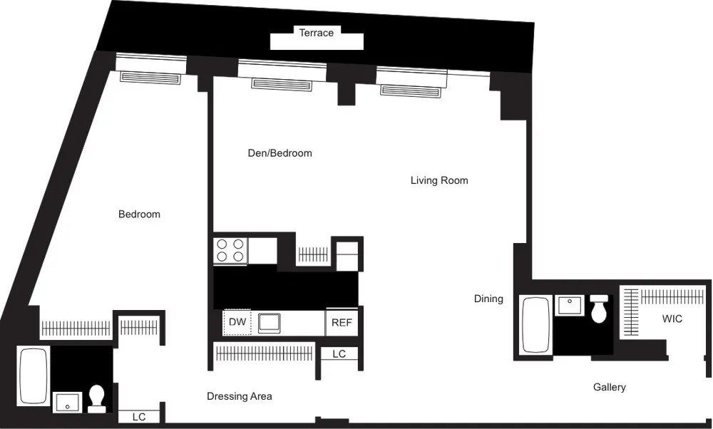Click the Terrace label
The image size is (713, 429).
click(316, 33)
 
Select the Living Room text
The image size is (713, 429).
click(439, 180)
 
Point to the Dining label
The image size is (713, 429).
click(488, 299)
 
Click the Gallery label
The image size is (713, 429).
click(610, 387)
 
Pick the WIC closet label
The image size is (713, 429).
click(672, 319)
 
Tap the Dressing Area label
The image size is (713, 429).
click(240, 396)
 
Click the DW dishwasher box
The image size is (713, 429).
click(237, 322)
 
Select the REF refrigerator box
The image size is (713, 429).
click(342, 322)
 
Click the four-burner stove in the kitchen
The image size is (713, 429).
click(230, 251)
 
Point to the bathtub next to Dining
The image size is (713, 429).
click(536, 326)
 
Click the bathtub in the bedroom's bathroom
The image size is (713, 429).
click(33, 376)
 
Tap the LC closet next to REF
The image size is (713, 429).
click(339, 353)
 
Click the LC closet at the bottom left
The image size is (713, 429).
click(139, 417)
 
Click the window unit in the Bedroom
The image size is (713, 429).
click(150, 77)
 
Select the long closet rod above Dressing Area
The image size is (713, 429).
click(264, 353)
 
